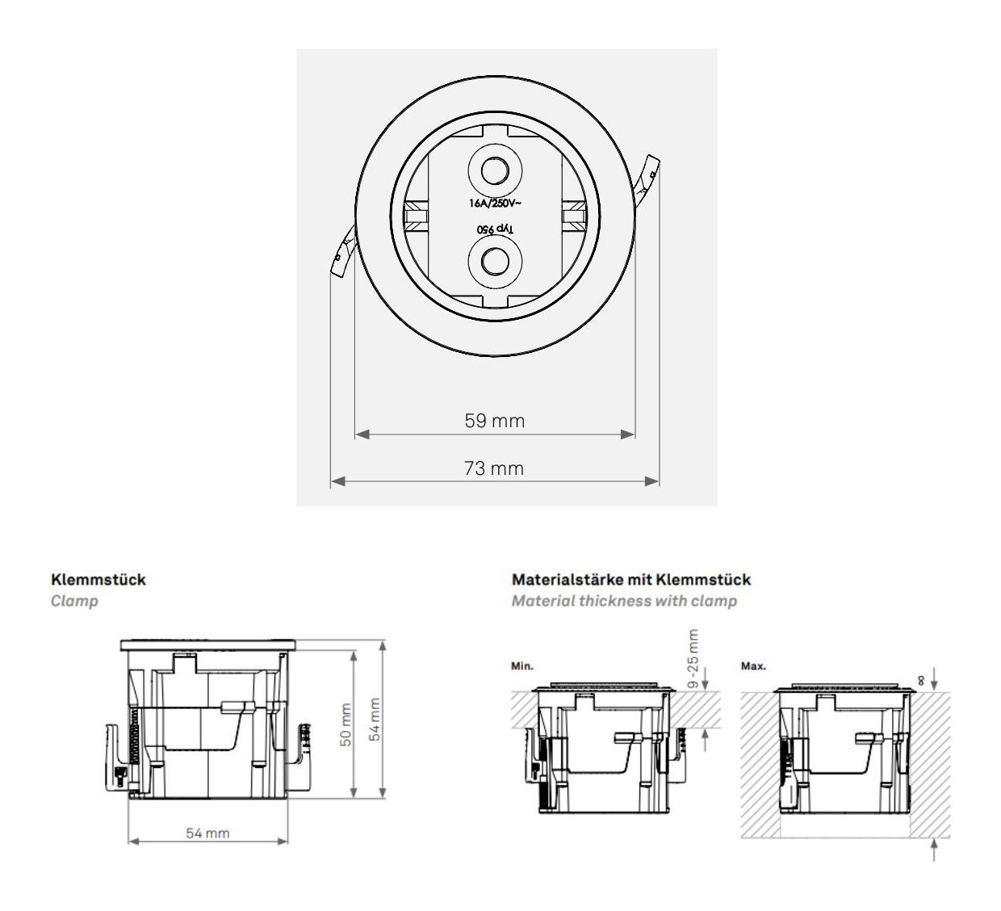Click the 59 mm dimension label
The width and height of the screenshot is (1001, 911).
[495, 421]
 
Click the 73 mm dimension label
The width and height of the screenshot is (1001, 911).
[494, 468]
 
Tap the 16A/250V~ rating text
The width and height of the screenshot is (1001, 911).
[495, 204]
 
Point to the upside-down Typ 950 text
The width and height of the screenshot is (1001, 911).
[495, 229]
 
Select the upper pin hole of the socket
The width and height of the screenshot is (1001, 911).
[495, 171]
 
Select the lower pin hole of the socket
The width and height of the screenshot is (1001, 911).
[495, 261]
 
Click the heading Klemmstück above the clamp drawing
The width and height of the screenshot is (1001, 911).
[98, 580]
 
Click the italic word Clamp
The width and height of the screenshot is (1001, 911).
[74, 601]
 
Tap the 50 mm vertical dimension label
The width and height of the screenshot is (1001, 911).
[346, 724]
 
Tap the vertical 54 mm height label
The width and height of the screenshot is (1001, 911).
[375, 720]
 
